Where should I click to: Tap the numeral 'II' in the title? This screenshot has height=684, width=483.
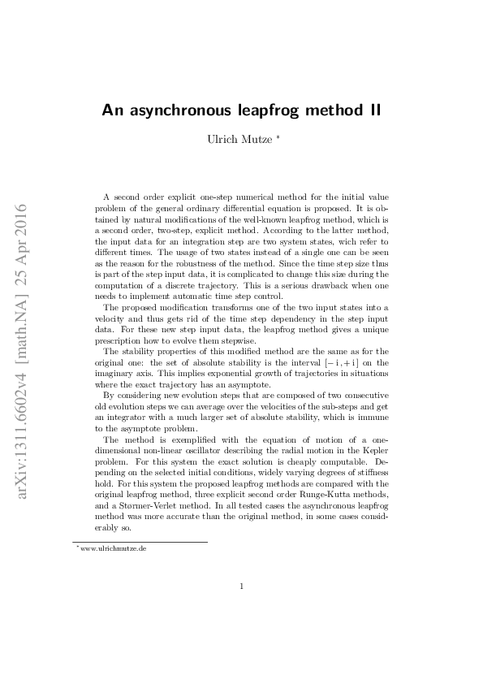coord(373,110)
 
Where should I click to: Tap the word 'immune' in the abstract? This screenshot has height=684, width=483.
coord(357,416)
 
